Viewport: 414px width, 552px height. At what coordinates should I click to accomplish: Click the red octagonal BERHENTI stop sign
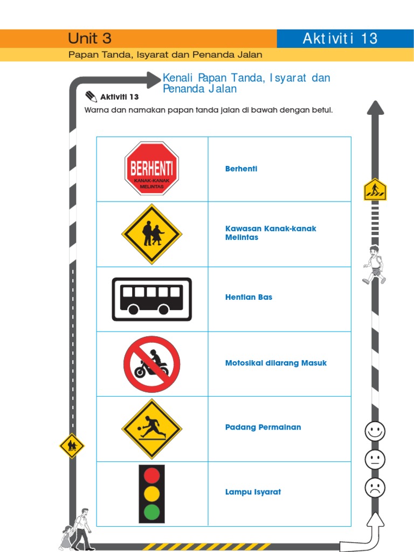point(151,168)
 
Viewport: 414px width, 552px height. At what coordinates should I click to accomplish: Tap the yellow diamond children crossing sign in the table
point(151,234)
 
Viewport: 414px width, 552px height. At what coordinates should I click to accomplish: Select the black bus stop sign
point(151,299)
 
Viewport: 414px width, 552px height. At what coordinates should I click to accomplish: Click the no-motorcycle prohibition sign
point(151,364)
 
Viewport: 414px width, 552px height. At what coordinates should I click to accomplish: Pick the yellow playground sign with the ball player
point(151,429)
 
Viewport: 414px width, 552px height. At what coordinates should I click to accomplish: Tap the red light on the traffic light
point(152,475)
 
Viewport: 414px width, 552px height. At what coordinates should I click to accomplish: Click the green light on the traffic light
point(152,512)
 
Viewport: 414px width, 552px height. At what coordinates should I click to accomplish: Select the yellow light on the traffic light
point(152,493)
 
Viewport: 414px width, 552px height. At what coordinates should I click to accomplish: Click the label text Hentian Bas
point(249,297)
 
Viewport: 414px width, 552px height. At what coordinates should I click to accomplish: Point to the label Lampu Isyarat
point(253,492)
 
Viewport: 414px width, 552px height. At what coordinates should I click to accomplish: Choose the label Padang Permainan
point(263,427)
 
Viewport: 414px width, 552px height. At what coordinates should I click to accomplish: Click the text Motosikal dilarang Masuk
point(275,363)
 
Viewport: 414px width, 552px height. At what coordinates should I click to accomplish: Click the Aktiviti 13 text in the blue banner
point(340,38)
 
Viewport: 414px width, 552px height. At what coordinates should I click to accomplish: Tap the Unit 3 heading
point(89,38)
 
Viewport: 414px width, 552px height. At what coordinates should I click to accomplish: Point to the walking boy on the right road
point(374,265)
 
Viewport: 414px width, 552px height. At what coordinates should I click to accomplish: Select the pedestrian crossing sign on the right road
point(375,190)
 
